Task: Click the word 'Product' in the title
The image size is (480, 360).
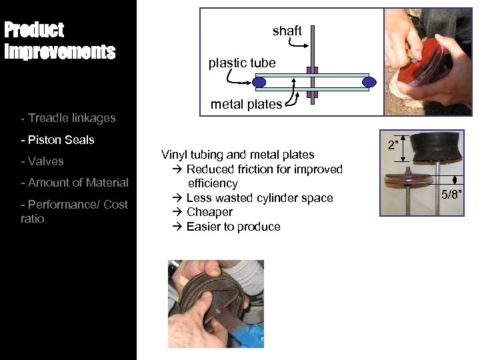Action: pyautogui.click(x=34, y=30)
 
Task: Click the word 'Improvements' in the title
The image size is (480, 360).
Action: pyautogui.click(x=60, y=52)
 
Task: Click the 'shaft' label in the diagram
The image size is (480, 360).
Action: pyautogui.click(x=287, y=31)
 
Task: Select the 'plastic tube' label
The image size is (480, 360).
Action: pyautogui.click(x=242, y=63)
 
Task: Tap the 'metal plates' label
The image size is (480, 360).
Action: pyautogui.click(x=246, y=105)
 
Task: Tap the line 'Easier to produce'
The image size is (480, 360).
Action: pyautogui.click(x=233, y=227)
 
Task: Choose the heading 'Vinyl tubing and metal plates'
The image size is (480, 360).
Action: pyautogui.click(x=237, y=155)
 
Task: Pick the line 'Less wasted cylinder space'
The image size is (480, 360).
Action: pyautogui.click(x=259, y=198)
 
